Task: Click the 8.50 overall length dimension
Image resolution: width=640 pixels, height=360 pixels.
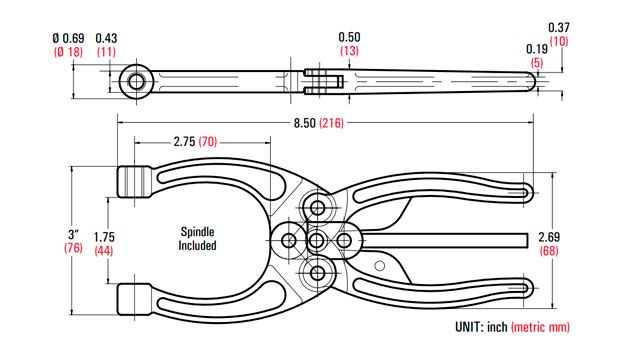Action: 304,123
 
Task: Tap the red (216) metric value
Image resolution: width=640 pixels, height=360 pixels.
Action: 331,123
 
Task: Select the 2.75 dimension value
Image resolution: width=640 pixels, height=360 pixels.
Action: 184,142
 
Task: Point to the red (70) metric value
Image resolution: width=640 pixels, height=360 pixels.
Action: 208,142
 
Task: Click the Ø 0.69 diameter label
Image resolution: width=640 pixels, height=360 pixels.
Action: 69,38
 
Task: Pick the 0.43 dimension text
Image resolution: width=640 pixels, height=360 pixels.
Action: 106,38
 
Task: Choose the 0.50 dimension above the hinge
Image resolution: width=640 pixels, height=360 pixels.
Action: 349,37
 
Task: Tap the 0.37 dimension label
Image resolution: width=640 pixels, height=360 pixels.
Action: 558,28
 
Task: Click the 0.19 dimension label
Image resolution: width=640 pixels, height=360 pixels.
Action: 537,49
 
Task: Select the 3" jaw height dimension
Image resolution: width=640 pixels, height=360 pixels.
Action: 73,235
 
